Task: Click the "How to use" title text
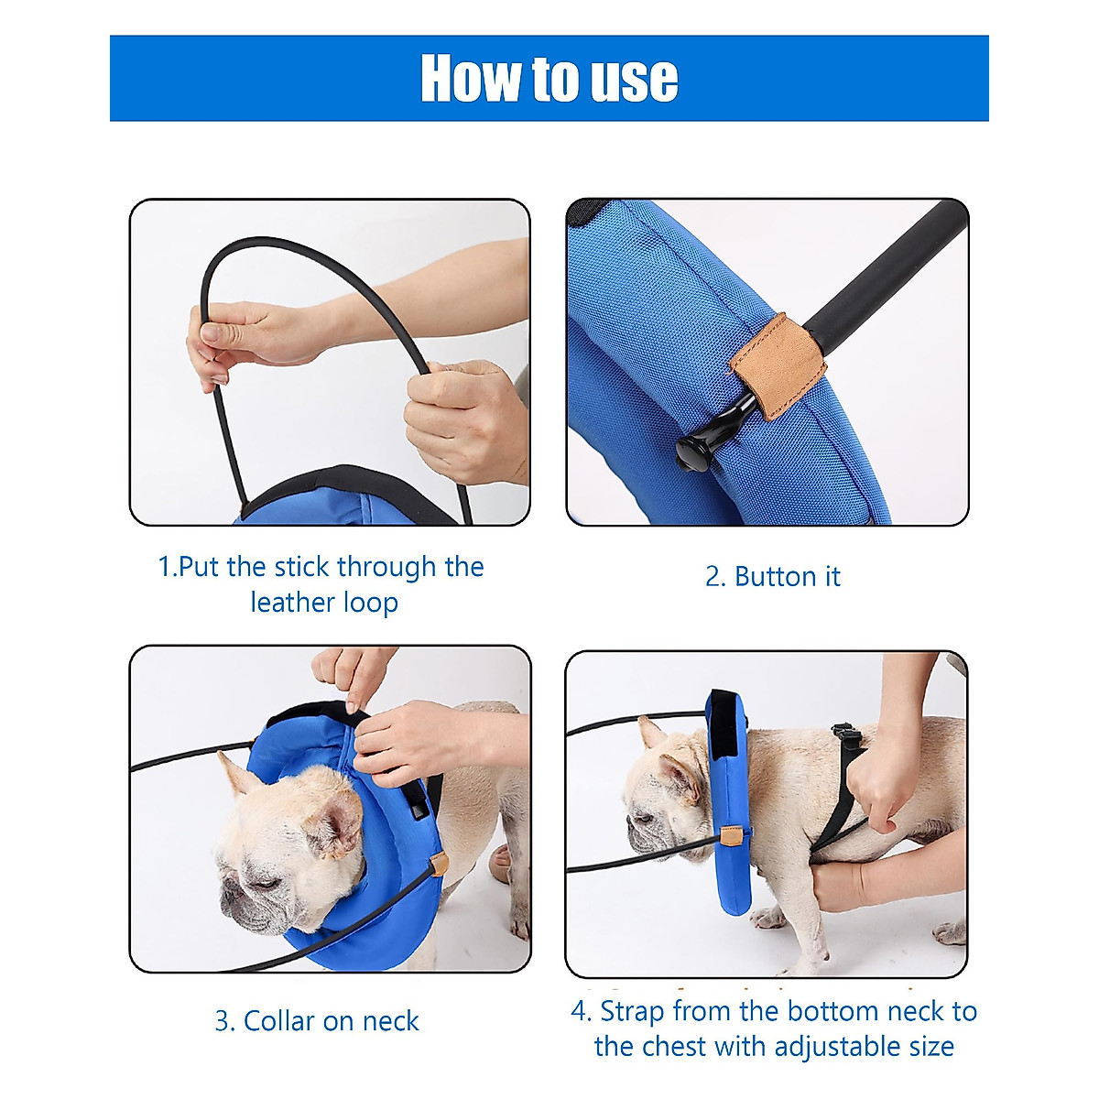coord(549,79)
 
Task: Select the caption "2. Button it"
coord(772,577)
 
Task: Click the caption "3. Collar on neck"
coord(317,1020)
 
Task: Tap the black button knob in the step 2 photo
coord(697,449)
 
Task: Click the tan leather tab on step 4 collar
coord(730,836)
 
